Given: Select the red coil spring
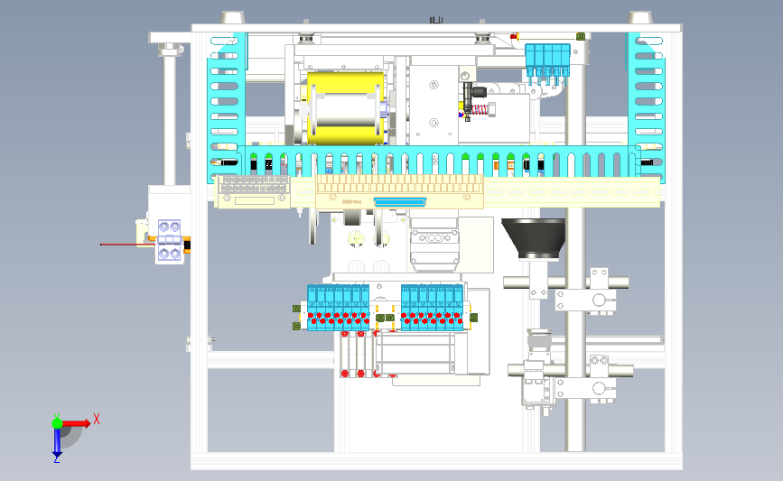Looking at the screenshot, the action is coord(480,112).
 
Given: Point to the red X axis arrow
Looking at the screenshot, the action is coord(77,421).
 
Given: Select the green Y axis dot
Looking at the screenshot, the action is coord(57,421).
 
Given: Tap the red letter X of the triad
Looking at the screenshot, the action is coord(97,418).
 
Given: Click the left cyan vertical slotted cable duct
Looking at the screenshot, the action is coord(227,95).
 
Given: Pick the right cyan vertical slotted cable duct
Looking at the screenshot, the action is coord(647,95).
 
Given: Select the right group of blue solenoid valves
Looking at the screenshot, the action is coord(433,307).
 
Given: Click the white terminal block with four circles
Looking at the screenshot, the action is coord(169,241).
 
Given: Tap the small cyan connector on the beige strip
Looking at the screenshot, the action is coord(397,201).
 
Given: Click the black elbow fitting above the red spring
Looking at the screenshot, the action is coord(472,91).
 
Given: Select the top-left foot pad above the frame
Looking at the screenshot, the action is coord(231,18).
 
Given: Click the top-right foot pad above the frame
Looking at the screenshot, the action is coord(640,18).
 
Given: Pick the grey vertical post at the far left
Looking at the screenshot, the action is coord(168,117).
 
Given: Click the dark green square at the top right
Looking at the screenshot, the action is coord(579,36).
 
